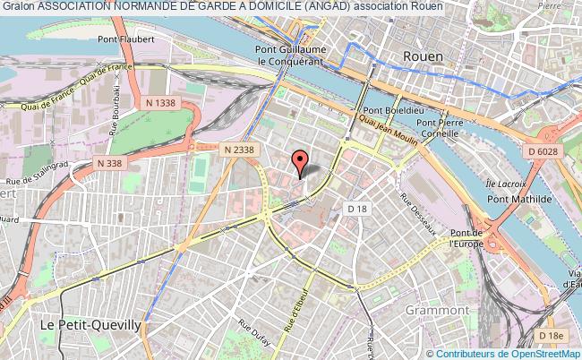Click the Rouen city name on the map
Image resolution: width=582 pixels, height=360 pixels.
tap(423, 56)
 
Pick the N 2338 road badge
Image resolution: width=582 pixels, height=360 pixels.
tap(240, 149)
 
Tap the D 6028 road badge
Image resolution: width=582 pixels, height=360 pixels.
tap(543, 152)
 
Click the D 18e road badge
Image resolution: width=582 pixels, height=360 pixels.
tap(553, 335)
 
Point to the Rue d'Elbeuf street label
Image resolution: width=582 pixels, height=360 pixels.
tap(296, 309)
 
